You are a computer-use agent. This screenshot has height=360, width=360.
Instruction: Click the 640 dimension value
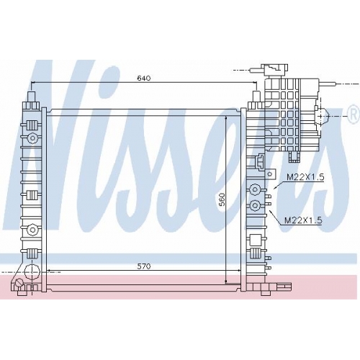[144, 78]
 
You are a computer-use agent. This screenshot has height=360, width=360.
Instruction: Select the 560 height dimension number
[222, 199]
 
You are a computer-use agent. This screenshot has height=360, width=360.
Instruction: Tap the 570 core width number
[144, 266]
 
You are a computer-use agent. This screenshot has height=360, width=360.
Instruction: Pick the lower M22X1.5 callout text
[303, 220]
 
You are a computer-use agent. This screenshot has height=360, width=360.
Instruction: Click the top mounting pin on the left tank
[32, 96]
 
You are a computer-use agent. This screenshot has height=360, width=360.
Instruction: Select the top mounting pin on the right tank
[256, 96]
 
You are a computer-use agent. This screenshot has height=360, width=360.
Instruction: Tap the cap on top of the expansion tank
[274, 68]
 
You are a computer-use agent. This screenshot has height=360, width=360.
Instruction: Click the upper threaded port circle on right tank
[254, 189]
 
